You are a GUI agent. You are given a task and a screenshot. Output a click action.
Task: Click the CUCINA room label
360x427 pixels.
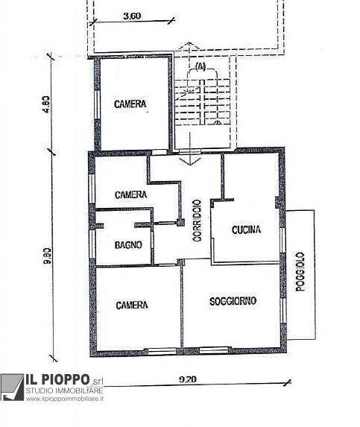click(x=246, y=230)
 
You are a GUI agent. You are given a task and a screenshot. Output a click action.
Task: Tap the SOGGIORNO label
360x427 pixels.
click(x=233, y=301)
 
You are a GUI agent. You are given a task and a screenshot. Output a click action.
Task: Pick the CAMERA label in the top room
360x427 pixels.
click(x=130, y=104)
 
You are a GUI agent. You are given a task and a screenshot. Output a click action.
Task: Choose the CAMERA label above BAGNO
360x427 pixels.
click(x=130, y=194)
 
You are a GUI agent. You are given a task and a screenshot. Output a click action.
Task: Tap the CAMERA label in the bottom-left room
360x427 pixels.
click(x=131, y=306)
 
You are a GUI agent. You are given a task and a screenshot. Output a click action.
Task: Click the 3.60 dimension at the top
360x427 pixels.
click(x=131, y=15)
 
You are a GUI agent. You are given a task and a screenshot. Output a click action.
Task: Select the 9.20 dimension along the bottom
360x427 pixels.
click(x=188, y=379)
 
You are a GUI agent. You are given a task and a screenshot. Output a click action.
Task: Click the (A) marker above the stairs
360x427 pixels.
click(x=200, y=66)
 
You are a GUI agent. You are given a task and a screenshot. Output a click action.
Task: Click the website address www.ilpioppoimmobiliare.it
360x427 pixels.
click(x=65, y=399)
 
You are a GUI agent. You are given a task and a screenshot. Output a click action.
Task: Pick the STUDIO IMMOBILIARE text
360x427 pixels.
click(x=65, y=391)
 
